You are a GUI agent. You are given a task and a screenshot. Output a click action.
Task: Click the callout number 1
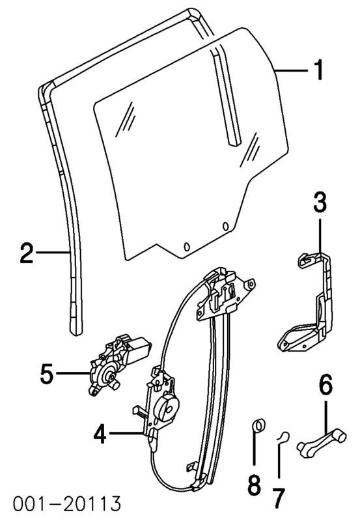coord(318,70)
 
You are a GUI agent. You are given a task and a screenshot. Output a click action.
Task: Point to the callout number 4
coord(100,433)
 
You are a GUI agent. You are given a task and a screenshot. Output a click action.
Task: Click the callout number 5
coord(47,373)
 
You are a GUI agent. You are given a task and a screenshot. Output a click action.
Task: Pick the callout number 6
coord(325,386)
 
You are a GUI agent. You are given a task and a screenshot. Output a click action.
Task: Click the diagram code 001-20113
coord(67,503)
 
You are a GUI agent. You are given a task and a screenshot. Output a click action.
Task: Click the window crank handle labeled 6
coord(322,440)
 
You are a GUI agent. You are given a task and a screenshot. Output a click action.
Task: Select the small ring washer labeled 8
coord(259,426)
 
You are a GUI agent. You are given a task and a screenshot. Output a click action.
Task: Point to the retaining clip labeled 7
coord(283,438)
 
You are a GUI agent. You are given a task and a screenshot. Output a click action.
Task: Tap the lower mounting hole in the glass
coord(187,247)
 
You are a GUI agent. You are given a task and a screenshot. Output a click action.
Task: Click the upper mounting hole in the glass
coord(225,226)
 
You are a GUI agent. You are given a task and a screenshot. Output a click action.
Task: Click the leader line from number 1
coord(291,70)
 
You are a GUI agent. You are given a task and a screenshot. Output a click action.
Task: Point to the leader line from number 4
coord(127,433)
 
